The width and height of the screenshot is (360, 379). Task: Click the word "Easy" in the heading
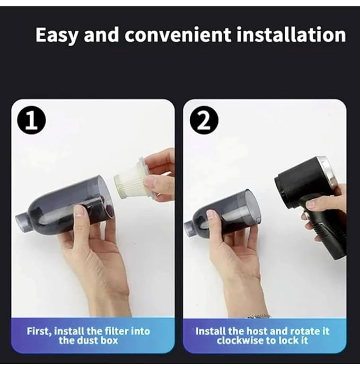coord(57,35)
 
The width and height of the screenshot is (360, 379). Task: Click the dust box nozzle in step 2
coord(189,228)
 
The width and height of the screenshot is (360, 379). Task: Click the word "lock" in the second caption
coord(295,341)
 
